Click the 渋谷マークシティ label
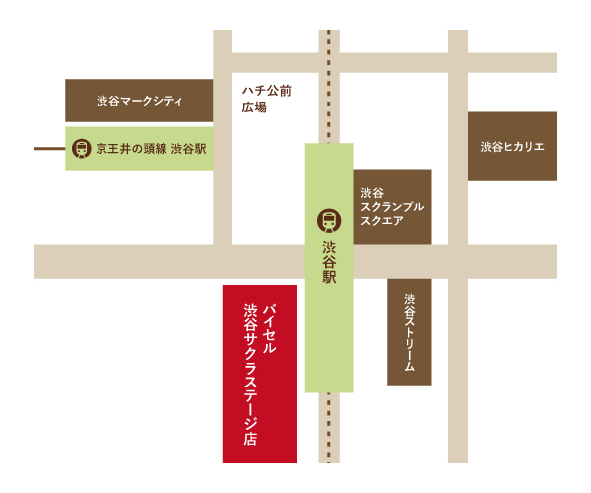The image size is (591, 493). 139,102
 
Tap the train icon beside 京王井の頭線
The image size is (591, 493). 79,149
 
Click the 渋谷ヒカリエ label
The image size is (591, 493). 512,147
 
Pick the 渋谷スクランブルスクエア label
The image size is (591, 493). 391,207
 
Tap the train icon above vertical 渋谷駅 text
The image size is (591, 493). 328,221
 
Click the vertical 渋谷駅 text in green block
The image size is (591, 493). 329,262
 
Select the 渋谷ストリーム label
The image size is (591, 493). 410,331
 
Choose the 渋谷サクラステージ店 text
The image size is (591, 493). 250,375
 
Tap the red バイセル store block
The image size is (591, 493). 260,434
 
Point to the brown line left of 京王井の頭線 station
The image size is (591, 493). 49,149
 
